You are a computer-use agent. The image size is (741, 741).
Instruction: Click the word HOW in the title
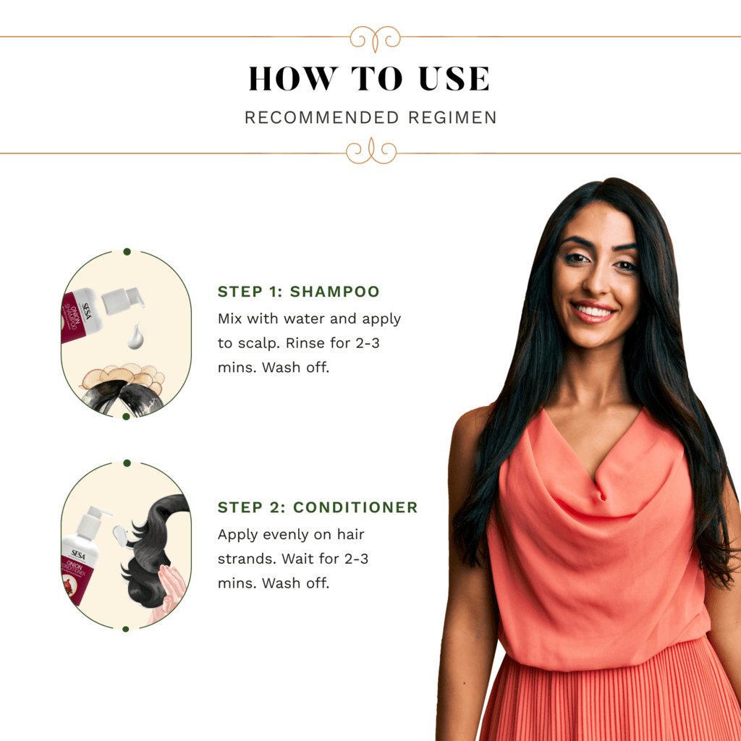pos(293,78)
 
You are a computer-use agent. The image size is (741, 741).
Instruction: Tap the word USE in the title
pos(454,78)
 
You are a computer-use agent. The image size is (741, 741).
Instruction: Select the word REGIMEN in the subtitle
pos(452,117)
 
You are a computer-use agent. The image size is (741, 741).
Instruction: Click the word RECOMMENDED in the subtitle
pos(322,117)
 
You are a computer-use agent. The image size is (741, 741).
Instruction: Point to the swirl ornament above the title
pos(376,38)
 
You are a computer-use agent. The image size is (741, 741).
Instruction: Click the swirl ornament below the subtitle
pos(371,151)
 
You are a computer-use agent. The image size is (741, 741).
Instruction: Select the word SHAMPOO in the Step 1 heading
pos(334,292)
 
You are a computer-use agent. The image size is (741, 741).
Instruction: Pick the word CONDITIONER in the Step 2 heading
pos(355,507)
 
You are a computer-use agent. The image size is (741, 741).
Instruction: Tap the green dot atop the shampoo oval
pos(127,251)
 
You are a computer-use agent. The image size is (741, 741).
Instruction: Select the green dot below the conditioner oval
pos(126,629)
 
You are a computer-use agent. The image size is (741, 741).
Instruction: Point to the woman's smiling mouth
pos(593,311)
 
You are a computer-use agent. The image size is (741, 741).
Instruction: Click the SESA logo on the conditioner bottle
pos(78,554)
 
